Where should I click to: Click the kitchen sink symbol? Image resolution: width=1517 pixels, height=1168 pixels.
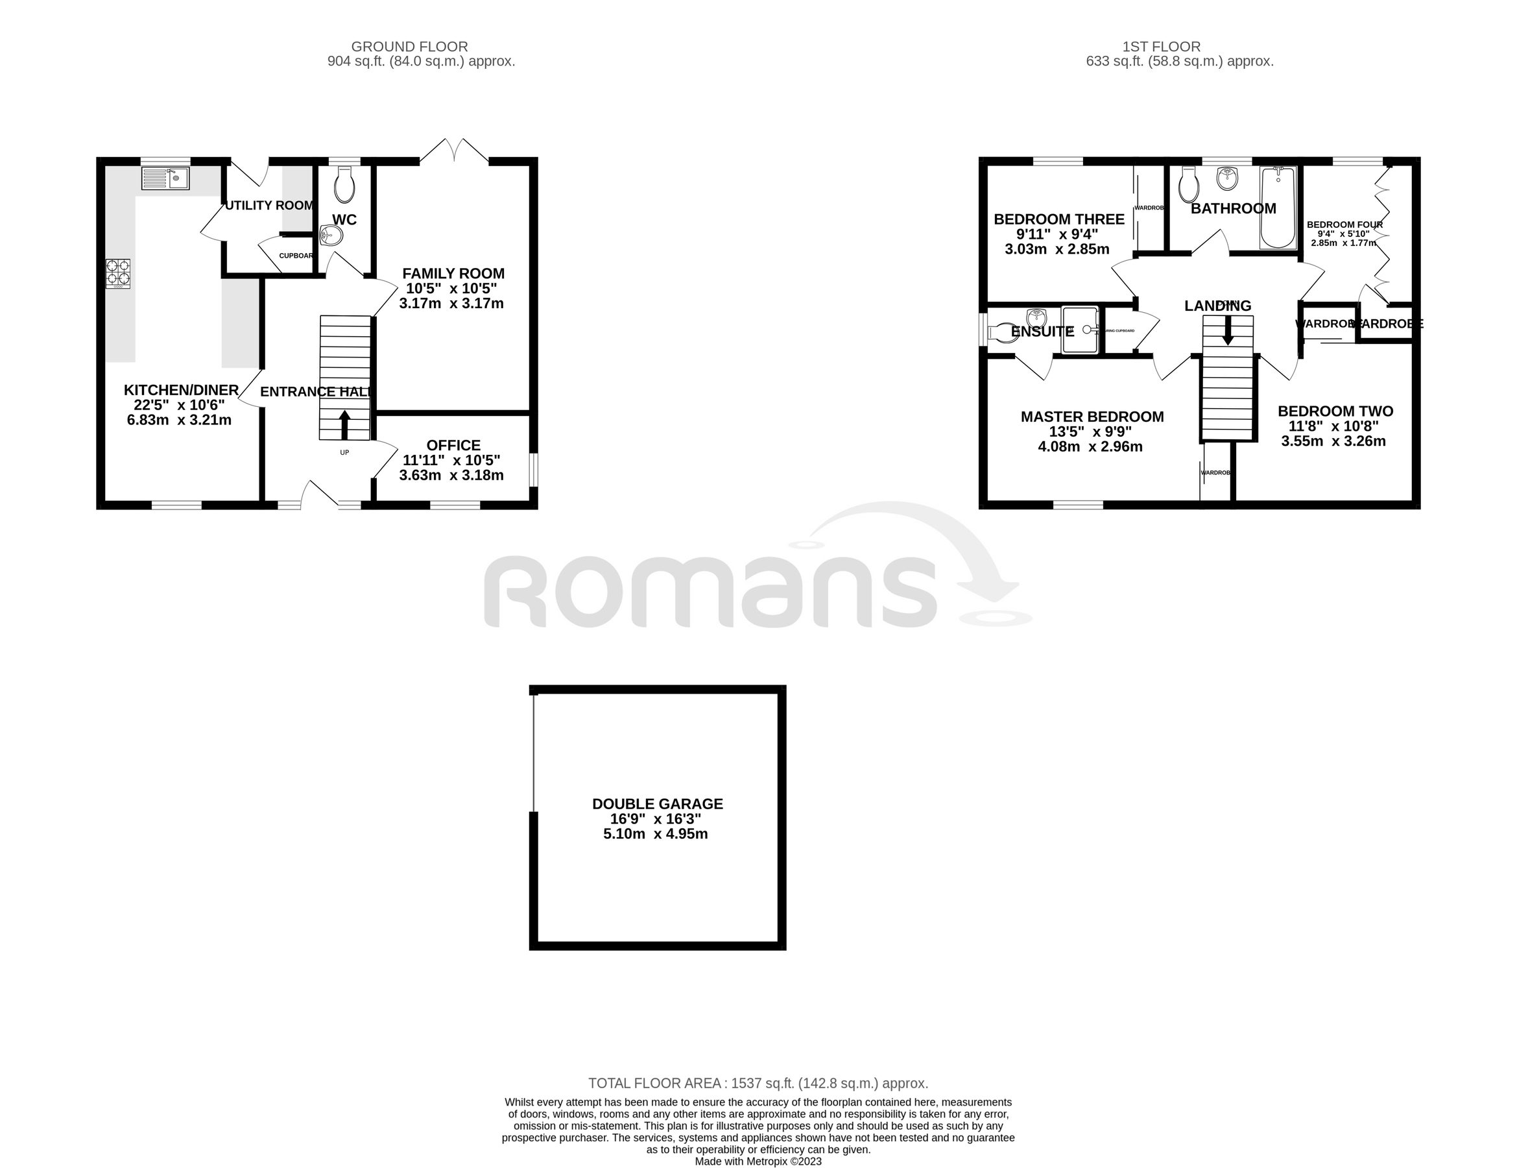tap(165, 178)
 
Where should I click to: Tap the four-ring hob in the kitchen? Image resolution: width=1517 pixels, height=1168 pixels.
tap(118, 273)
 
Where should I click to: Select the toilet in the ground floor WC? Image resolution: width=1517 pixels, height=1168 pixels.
tap(344, 186)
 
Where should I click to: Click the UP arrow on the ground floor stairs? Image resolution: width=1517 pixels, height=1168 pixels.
tap(344, 424)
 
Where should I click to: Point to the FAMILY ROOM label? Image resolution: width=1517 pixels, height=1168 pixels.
tap(453, 274)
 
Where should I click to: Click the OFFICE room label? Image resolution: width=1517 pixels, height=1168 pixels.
tap(453, 445)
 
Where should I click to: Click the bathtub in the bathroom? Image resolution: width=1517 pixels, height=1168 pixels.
tap(1278, 208)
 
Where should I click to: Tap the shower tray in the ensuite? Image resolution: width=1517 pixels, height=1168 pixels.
tap(1080, 330)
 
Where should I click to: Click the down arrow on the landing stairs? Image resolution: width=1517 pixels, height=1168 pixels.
tap(1227, 330)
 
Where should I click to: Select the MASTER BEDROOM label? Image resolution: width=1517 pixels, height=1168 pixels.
tap(1092, 417)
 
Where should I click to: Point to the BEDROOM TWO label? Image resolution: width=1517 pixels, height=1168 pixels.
tap(1335, 411)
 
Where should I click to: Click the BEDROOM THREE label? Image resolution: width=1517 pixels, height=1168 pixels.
tap(1058, 219)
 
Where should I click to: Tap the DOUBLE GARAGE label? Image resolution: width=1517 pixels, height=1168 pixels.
tap(657, 804)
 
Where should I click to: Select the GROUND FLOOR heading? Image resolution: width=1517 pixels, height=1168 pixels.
tap(409, 47)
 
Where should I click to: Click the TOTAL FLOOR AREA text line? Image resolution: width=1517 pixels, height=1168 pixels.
tap(758, 1082)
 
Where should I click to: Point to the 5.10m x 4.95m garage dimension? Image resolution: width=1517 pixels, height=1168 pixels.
tap(655, 834)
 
